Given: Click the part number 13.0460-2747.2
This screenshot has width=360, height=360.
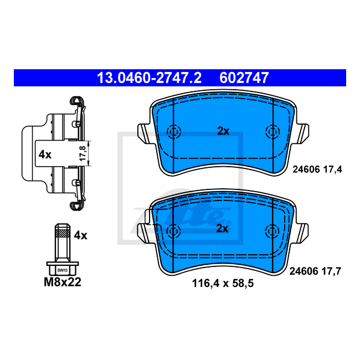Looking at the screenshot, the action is [x=149, y=78].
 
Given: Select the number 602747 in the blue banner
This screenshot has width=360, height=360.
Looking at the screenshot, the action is [x=244, y=78].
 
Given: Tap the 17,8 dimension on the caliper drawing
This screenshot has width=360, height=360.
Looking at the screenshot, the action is [x=83, y=153].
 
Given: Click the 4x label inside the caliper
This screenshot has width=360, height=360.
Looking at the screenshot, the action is [x=45, y=155].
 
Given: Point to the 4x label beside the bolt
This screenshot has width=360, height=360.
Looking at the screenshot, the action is [x=81, y=235].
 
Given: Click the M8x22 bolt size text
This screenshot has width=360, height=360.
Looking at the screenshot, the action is [x=63, y=282].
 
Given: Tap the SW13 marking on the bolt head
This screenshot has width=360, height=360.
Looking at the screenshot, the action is [x=63, y=270].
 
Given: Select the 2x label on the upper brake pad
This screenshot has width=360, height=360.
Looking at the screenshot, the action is [x=223, y=131].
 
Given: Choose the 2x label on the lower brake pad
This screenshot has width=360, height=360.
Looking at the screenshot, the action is [x=222, y=228].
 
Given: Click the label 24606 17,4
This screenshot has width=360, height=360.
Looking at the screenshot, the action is [x=317, y=169].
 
